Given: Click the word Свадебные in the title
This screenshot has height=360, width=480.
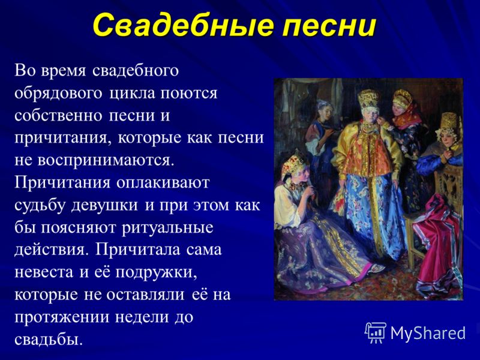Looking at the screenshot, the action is [183, 25].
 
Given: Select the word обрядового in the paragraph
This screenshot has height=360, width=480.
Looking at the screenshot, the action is [58, 94].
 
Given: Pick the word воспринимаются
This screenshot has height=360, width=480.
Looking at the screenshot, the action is [106, 160].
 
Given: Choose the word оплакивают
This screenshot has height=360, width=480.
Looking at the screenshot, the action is [163, 182].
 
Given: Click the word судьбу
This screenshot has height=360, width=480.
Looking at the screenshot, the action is [40, 205].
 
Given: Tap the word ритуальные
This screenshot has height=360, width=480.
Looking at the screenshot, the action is [167, 228].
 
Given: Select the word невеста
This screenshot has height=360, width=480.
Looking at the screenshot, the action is [44, 272].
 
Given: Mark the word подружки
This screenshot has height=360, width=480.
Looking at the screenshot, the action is [156, 273].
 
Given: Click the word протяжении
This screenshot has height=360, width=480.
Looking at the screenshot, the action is [62, 317].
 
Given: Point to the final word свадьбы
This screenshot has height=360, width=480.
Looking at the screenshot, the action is [49, 338].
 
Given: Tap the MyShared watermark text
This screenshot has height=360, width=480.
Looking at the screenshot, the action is [428, 333].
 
